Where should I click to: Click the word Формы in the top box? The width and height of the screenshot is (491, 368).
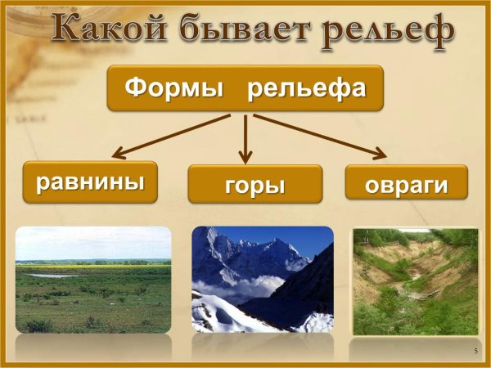(x=174, y=88)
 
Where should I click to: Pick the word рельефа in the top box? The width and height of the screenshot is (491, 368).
(x=306, y=88)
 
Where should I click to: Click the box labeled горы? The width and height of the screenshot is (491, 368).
(x=255, y=185)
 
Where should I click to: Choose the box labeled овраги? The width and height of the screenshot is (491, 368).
(x=406, y=184)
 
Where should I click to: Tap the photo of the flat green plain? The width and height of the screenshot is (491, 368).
(x=93, y=282)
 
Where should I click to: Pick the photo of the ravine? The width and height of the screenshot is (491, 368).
(x=415, y=281)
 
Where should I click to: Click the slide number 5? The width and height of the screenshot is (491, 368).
(x=475, y=351)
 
